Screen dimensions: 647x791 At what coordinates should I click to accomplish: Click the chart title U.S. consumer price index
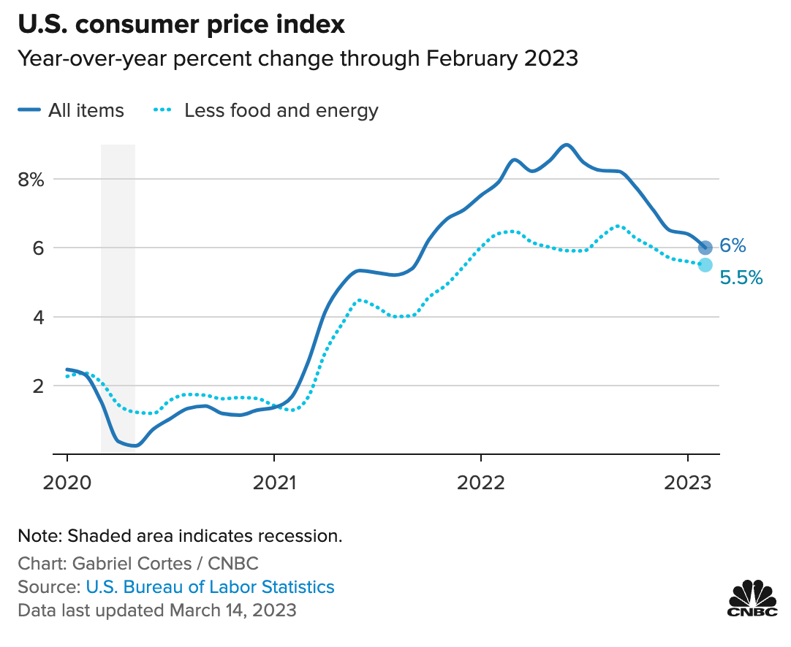(181, 25)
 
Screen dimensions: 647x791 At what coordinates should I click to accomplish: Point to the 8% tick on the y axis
(32, 180)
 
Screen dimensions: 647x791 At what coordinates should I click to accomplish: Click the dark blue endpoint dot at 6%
(705, 248)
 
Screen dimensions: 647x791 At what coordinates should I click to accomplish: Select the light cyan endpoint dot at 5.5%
(705, 264)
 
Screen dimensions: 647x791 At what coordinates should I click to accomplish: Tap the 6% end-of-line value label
(733, 246)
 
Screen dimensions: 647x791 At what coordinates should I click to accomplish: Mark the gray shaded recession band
(118, 292)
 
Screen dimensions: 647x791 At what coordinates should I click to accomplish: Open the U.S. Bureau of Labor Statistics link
(210, 586)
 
